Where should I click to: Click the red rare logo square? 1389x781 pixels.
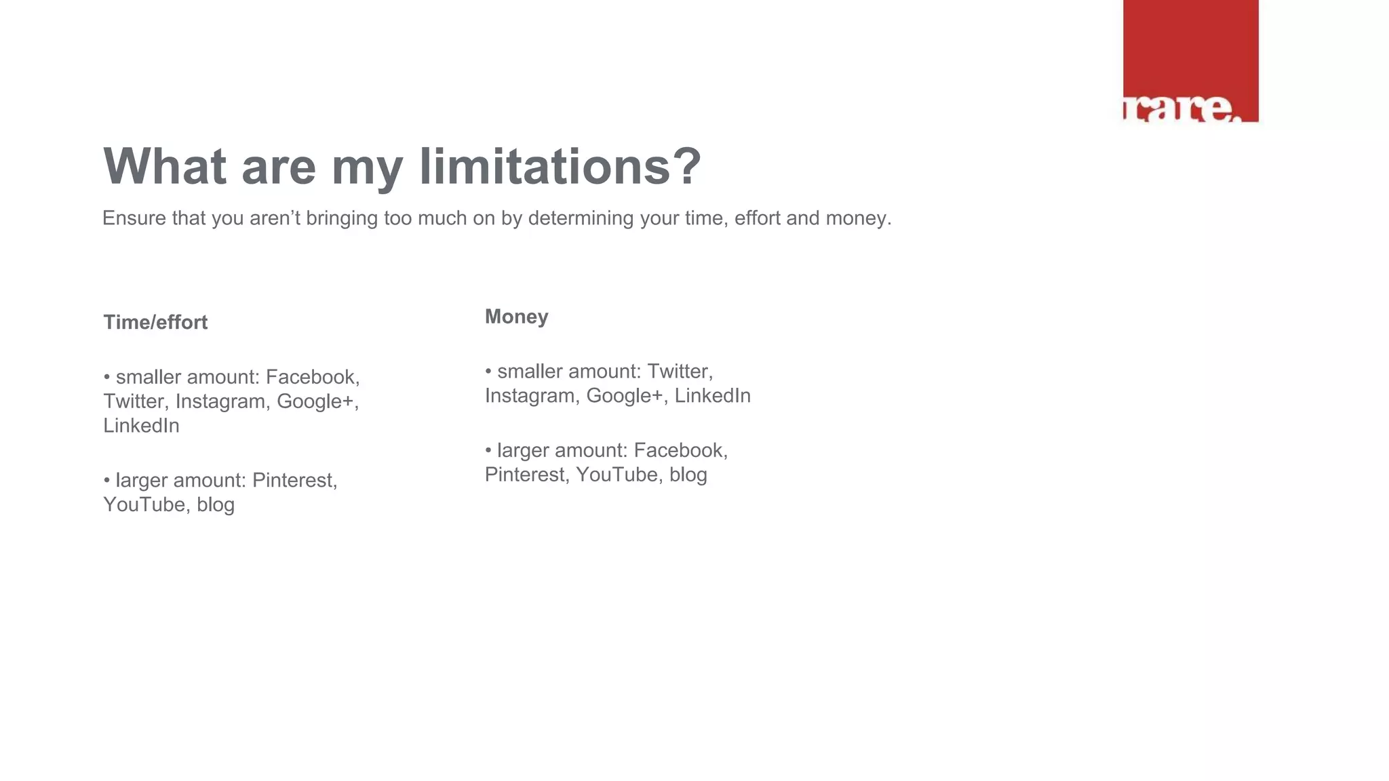click(1190, 61)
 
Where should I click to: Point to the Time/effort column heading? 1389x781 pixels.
click(155, 322)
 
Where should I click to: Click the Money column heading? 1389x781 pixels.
click(516, 317)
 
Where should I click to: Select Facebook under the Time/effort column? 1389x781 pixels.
click(311, 377)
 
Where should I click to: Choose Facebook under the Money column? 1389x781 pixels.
click(680, 450)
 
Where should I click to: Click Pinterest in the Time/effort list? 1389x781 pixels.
click(293, 480)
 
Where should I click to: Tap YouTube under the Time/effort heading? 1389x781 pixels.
click(144, 504)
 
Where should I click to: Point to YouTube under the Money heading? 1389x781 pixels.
click(617, 475)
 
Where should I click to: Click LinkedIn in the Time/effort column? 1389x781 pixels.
click(141, 426)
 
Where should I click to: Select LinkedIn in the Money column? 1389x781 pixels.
click(712, 396)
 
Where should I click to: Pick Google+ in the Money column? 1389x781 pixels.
click(624, 396)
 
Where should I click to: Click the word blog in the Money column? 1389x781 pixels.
click(688, 475)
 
